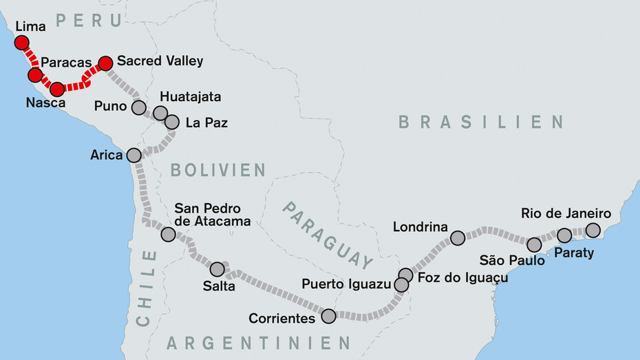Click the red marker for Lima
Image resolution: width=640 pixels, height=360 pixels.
coord(21,43)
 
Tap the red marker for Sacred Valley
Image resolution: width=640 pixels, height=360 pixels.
coord(105,64)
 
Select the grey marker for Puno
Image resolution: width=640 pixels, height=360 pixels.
coord(139,107)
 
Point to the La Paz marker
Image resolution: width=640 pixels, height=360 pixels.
coord(172,122)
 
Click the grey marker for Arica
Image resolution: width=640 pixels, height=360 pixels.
coord(134,155)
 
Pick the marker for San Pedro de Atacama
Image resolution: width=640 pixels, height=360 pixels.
coord(168,234)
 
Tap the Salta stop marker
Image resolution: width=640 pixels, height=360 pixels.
coord(217,269)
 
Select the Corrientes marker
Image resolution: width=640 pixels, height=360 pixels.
coord(328,316)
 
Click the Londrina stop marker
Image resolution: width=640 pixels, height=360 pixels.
coord(458,238)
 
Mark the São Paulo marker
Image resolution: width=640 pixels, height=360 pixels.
coord(534,244)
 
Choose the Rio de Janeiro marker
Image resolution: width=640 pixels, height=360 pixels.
coord(593,230)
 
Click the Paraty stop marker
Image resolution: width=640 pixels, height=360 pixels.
coord(564,235)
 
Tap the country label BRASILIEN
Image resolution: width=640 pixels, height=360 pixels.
coord(481,123)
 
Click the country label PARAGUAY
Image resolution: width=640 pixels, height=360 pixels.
coord(328,235)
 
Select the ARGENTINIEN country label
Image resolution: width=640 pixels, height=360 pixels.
coord(259,342)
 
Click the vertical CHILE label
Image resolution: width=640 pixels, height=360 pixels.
coord(145,288)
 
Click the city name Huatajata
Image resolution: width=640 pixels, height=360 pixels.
coord(191,97)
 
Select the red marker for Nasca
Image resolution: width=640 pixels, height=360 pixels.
coord(57,89)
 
